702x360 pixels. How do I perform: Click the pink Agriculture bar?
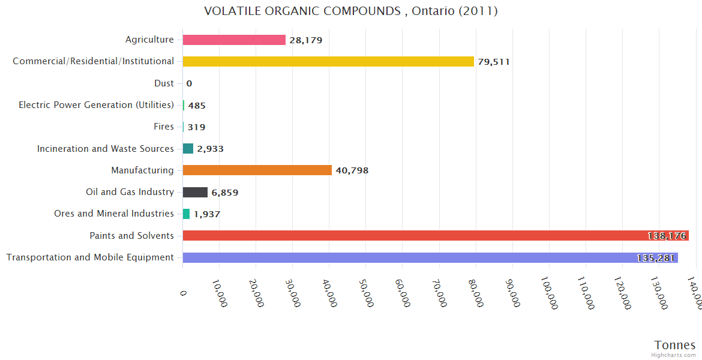[x=234, y=40]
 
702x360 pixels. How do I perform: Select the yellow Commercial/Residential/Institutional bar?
[x=328, y=61]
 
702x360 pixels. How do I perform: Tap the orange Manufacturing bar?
[x=257, y=170]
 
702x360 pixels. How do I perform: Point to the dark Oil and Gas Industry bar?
[x=195, y=192]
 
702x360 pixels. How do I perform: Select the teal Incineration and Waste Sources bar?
[x=188, y=148]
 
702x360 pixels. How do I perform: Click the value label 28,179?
[x=305, y=40]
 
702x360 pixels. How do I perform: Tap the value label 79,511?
[x=494, y=62]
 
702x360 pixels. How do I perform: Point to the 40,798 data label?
[x=352, y=170]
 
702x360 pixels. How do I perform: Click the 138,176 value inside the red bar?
[x=667, y=236]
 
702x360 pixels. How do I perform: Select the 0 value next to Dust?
[x=189, y=83]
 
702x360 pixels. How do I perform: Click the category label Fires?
[x=164, y=127]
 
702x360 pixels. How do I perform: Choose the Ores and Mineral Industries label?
[x=114, y=214]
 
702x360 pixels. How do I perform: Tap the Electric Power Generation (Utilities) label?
[x=96, y=105]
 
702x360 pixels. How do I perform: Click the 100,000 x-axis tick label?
[x=549, y=294]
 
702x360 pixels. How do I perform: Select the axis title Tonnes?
[x=675, y=345]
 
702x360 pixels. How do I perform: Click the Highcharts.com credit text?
[x=674, y=355]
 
